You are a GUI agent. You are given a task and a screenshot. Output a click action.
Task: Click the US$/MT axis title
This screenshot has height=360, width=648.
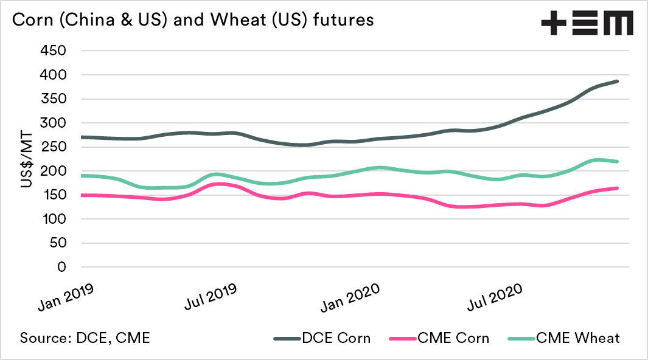(x=27, y=159)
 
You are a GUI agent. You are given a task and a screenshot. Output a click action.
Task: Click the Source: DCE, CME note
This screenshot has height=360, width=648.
(x=85, y=338)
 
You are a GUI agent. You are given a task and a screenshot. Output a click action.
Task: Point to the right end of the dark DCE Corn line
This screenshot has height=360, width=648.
(x=617, y=81)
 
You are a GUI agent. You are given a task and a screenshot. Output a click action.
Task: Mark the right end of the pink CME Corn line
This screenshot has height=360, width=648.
(x=617, y=189)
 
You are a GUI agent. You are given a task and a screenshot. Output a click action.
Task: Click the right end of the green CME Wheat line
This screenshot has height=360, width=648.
(x=617, y=162)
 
